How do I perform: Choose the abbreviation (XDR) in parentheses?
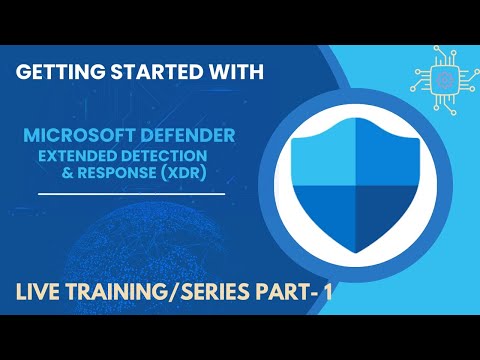190,173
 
